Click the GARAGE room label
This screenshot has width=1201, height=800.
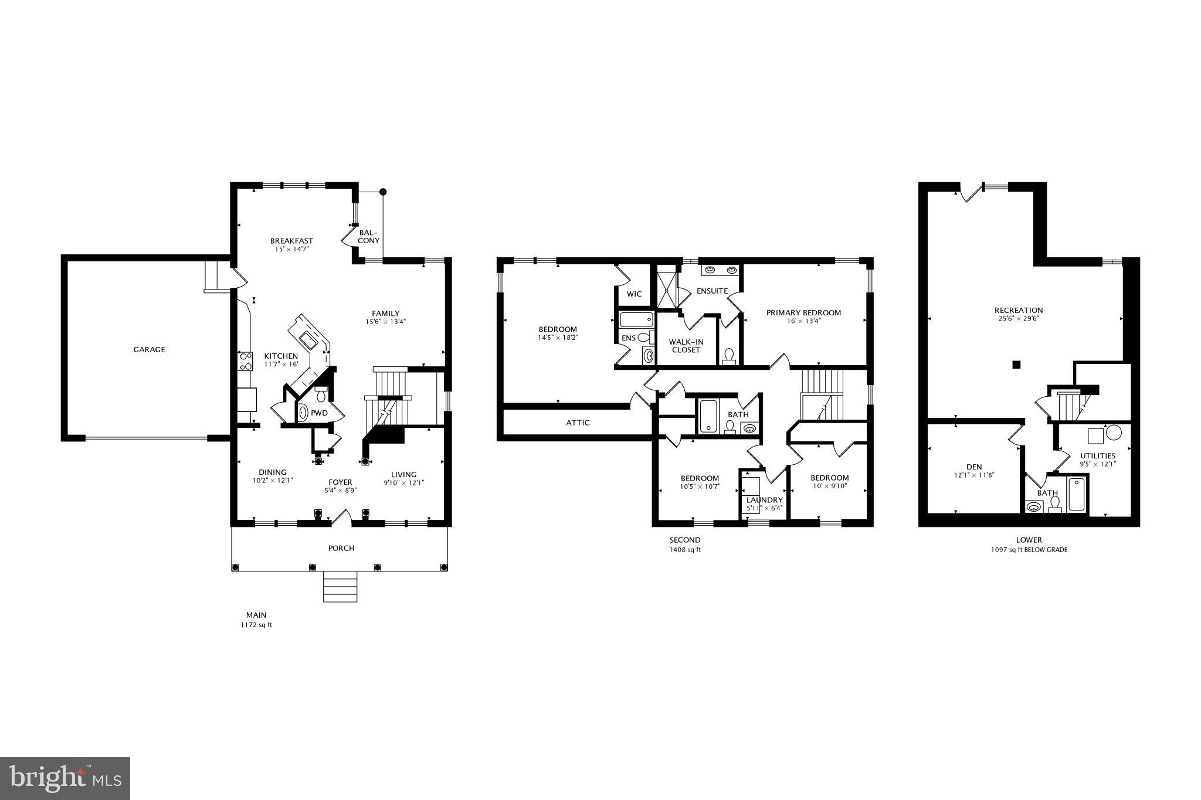tap(149, 349)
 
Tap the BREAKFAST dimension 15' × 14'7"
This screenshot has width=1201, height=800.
tap(291, 249)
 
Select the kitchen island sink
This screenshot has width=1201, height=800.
tap(308, 338)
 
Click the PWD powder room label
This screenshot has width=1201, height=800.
tap(319, 413)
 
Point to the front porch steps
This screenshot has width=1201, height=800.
tap(340, 587)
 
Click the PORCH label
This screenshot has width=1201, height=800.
tap(341, 548)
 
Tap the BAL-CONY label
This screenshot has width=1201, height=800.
tap(369, 236)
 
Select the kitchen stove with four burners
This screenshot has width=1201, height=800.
tap(245, 361)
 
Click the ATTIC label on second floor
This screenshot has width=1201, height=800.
tap(578, 423)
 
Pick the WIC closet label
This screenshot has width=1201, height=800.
tap(634, 294)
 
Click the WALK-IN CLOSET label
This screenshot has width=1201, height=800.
tap(686, 346)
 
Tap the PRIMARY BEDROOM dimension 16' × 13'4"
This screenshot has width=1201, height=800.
tap(803, 321)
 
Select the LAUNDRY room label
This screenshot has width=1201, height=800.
tap(764, 500)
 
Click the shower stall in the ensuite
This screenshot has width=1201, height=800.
tap(666, 287)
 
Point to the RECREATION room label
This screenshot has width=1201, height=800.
tap(1019, 310)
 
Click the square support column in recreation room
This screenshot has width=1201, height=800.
tap(1016, 365)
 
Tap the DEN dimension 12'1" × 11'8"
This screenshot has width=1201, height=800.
tap(973, 475)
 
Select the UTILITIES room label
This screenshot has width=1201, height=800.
tap(1098, 455)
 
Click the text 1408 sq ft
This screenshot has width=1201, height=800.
tap(685, 550)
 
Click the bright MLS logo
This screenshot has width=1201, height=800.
tap(65, 778)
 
